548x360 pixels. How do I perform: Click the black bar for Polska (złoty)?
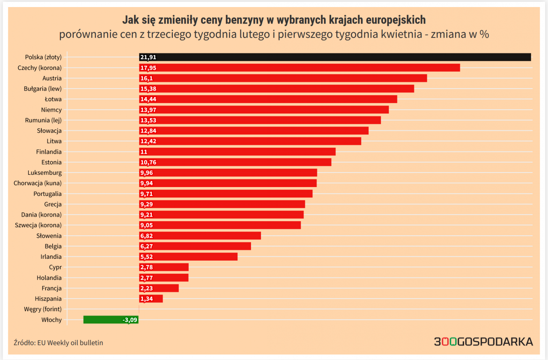(x=335, y=57)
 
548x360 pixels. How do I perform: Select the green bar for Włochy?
(x=111, y=320)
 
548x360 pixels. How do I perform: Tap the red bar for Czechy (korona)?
(x=300, y=67)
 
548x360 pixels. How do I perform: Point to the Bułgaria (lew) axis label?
(x=43, y=89)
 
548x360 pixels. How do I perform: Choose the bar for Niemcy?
(x=264, y=110)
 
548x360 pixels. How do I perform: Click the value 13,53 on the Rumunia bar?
(x=148, y=120)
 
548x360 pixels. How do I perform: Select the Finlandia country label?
(x=49, y=152)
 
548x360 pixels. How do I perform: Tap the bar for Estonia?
(x=235, y=162)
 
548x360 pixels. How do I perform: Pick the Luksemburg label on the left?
(x=44, y=172)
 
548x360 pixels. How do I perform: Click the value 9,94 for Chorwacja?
(x=147, y=183)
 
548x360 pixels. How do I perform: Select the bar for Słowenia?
(x=200, y=236)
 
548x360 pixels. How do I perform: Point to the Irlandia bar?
(x=188, y=257)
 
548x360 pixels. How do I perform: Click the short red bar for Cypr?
(x=164, y=267)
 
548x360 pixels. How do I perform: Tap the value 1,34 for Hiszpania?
(x=147, y=299)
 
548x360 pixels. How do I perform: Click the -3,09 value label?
(x=129, y=320)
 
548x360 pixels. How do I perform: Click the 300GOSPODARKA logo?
(x=483, y=342)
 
